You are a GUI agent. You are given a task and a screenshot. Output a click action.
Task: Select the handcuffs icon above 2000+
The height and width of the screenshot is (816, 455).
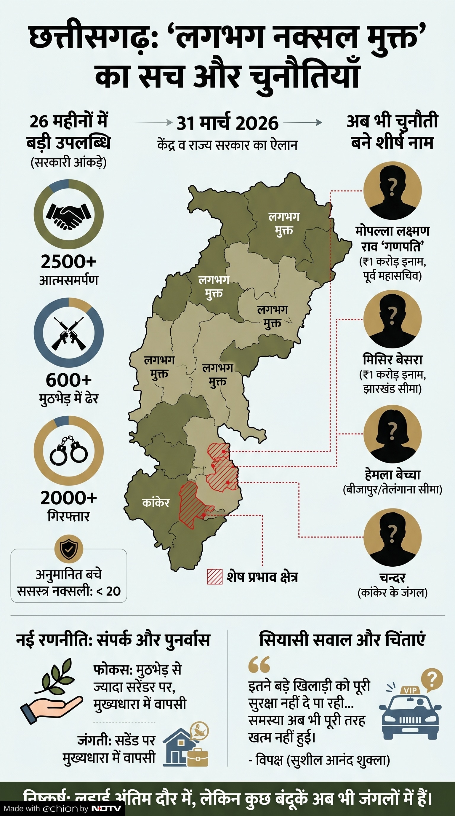click(69, 451)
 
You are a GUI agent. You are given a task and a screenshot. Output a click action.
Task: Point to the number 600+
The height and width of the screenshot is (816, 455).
click(69, 380)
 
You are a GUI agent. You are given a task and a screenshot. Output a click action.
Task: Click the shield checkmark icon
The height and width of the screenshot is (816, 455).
click(69, 549)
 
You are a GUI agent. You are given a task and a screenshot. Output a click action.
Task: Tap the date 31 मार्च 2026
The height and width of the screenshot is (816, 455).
click(227, 123)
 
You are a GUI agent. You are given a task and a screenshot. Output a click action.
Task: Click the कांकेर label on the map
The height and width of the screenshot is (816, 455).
click(156, 503)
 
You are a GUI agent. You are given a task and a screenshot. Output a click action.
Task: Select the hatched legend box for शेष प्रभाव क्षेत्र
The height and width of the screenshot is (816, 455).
click(215, 576)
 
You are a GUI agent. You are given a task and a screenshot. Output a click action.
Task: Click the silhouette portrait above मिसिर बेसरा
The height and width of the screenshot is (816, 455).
click(392, 319)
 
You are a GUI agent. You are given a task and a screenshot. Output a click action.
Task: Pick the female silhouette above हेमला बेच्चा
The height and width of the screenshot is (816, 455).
click(392, 434)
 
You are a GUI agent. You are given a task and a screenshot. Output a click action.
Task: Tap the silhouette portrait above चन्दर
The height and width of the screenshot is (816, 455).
click(392, 538)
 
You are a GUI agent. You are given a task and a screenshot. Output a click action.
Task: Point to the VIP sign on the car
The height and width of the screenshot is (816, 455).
click(410, 690)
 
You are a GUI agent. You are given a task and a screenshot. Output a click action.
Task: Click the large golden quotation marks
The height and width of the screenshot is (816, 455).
click(259, 664)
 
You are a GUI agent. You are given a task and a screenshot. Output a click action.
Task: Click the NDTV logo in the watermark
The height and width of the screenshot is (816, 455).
click(106, 808)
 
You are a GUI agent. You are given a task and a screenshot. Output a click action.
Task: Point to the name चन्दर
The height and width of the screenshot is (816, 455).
click(392, 578)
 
